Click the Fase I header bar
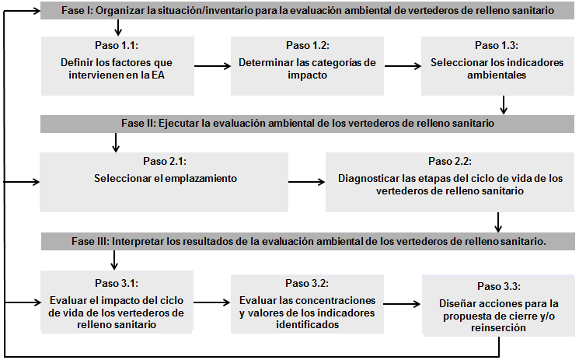[x=309, y=11]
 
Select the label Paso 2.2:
[x=450, y=162]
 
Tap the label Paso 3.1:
[x=116, y=283]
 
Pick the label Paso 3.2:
[x=307, y=283]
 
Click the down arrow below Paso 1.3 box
[x=504, y=104]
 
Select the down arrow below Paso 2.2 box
[x=498, y=222]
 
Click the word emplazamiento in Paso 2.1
[x=194, y=178]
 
